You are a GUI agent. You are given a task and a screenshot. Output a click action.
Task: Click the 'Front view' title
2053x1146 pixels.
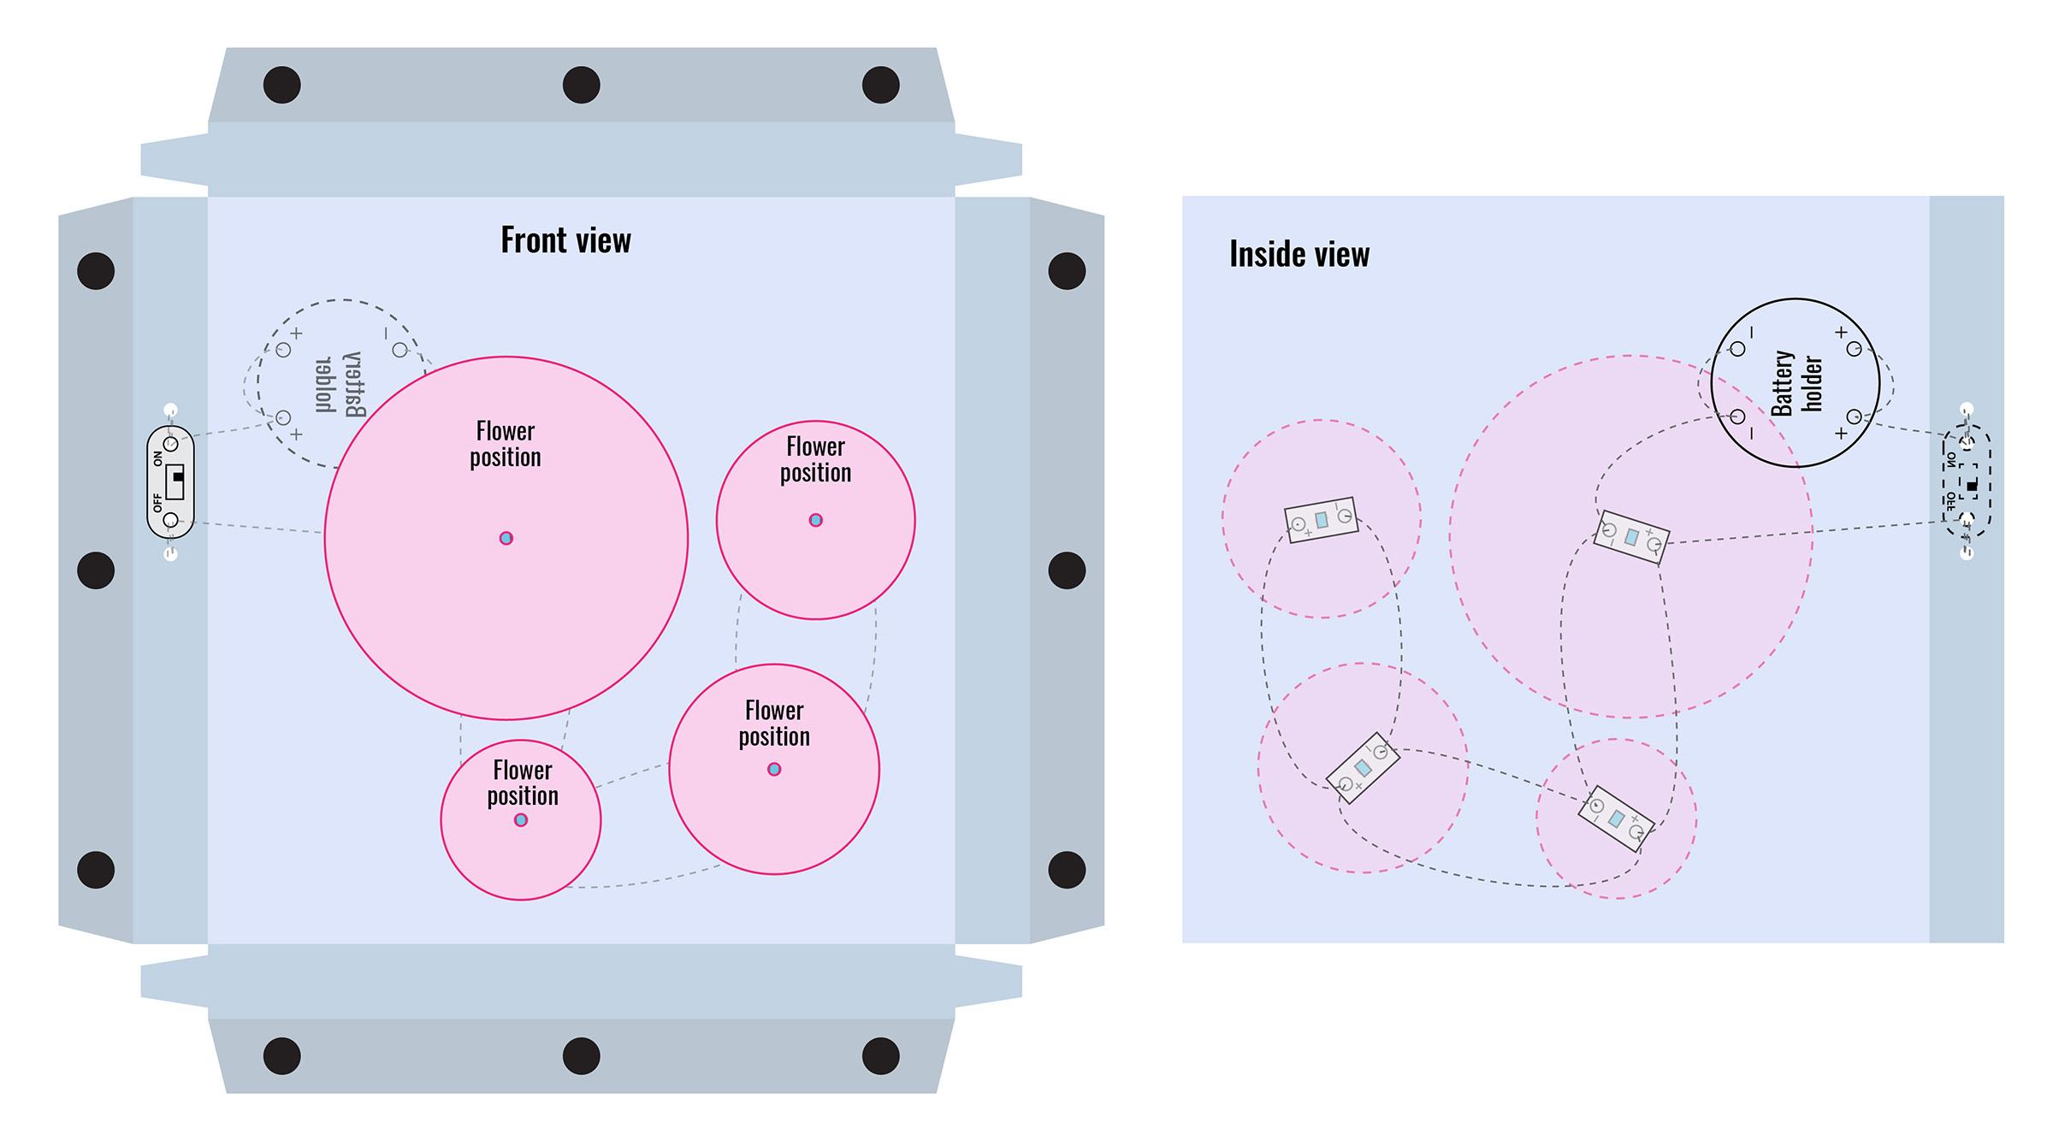point(565,240)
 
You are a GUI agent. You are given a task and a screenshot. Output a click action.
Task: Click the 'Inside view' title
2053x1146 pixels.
point(1299,255)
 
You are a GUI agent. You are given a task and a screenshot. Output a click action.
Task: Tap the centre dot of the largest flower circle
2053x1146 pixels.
point(506,538)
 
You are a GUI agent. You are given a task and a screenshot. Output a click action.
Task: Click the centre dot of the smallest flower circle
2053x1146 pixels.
point(521,820)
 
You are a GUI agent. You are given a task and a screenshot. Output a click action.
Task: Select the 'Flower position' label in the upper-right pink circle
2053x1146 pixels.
point(815,459)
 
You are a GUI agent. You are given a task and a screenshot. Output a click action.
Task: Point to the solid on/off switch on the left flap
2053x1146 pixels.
point(171,481)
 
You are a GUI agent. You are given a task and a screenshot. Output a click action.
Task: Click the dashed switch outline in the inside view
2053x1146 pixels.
point(1967,481)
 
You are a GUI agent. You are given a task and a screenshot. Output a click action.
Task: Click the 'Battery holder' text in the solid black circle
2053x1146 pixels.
point(1796,382)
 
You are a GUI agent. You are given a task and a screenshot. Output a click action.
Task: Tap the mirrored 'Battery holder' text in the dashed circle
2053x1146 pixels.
point(339,383)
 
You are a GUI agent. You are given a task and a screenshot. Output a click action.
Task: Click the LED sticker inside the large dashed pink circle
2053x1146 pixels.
point(1631,537)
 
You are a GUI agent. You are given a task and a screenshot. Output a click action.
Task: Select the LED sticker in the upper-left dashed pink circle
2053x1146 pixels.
point(1322,519)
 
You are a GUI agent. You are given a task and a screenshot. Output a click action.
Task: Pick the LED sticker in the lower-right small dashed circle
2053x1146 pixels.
point(1616,819)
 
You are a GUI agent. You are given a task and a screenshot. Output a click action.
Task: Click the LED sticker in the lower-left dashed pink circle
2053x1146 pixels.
point(1363,768)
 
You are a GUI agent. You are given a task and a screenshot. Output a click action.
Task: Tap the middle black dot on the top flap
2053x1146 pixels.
point(581,85)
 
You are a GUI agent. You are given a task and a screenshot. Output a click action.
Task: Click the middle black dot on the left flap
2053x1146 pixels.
point(96,570)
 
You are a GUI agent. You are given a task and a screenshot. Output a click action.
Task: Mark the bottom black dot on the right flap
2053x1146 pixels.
point(1067,870)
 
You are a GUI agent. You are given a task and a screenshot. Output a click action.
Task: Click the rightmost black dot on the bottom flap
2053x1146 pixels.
point(880,1056)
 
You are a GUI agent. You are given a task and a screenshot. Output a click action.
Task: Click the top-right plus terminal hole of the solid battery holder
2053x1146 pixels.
point(1854,349)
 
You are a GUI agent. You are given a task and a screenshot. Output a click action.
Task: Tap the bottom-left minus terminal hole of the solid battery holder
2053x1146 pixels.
point(1737,416)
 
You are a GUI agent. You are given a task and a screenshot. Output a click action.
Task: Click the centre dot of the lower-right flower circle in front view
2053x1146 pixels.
point(774,769)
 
